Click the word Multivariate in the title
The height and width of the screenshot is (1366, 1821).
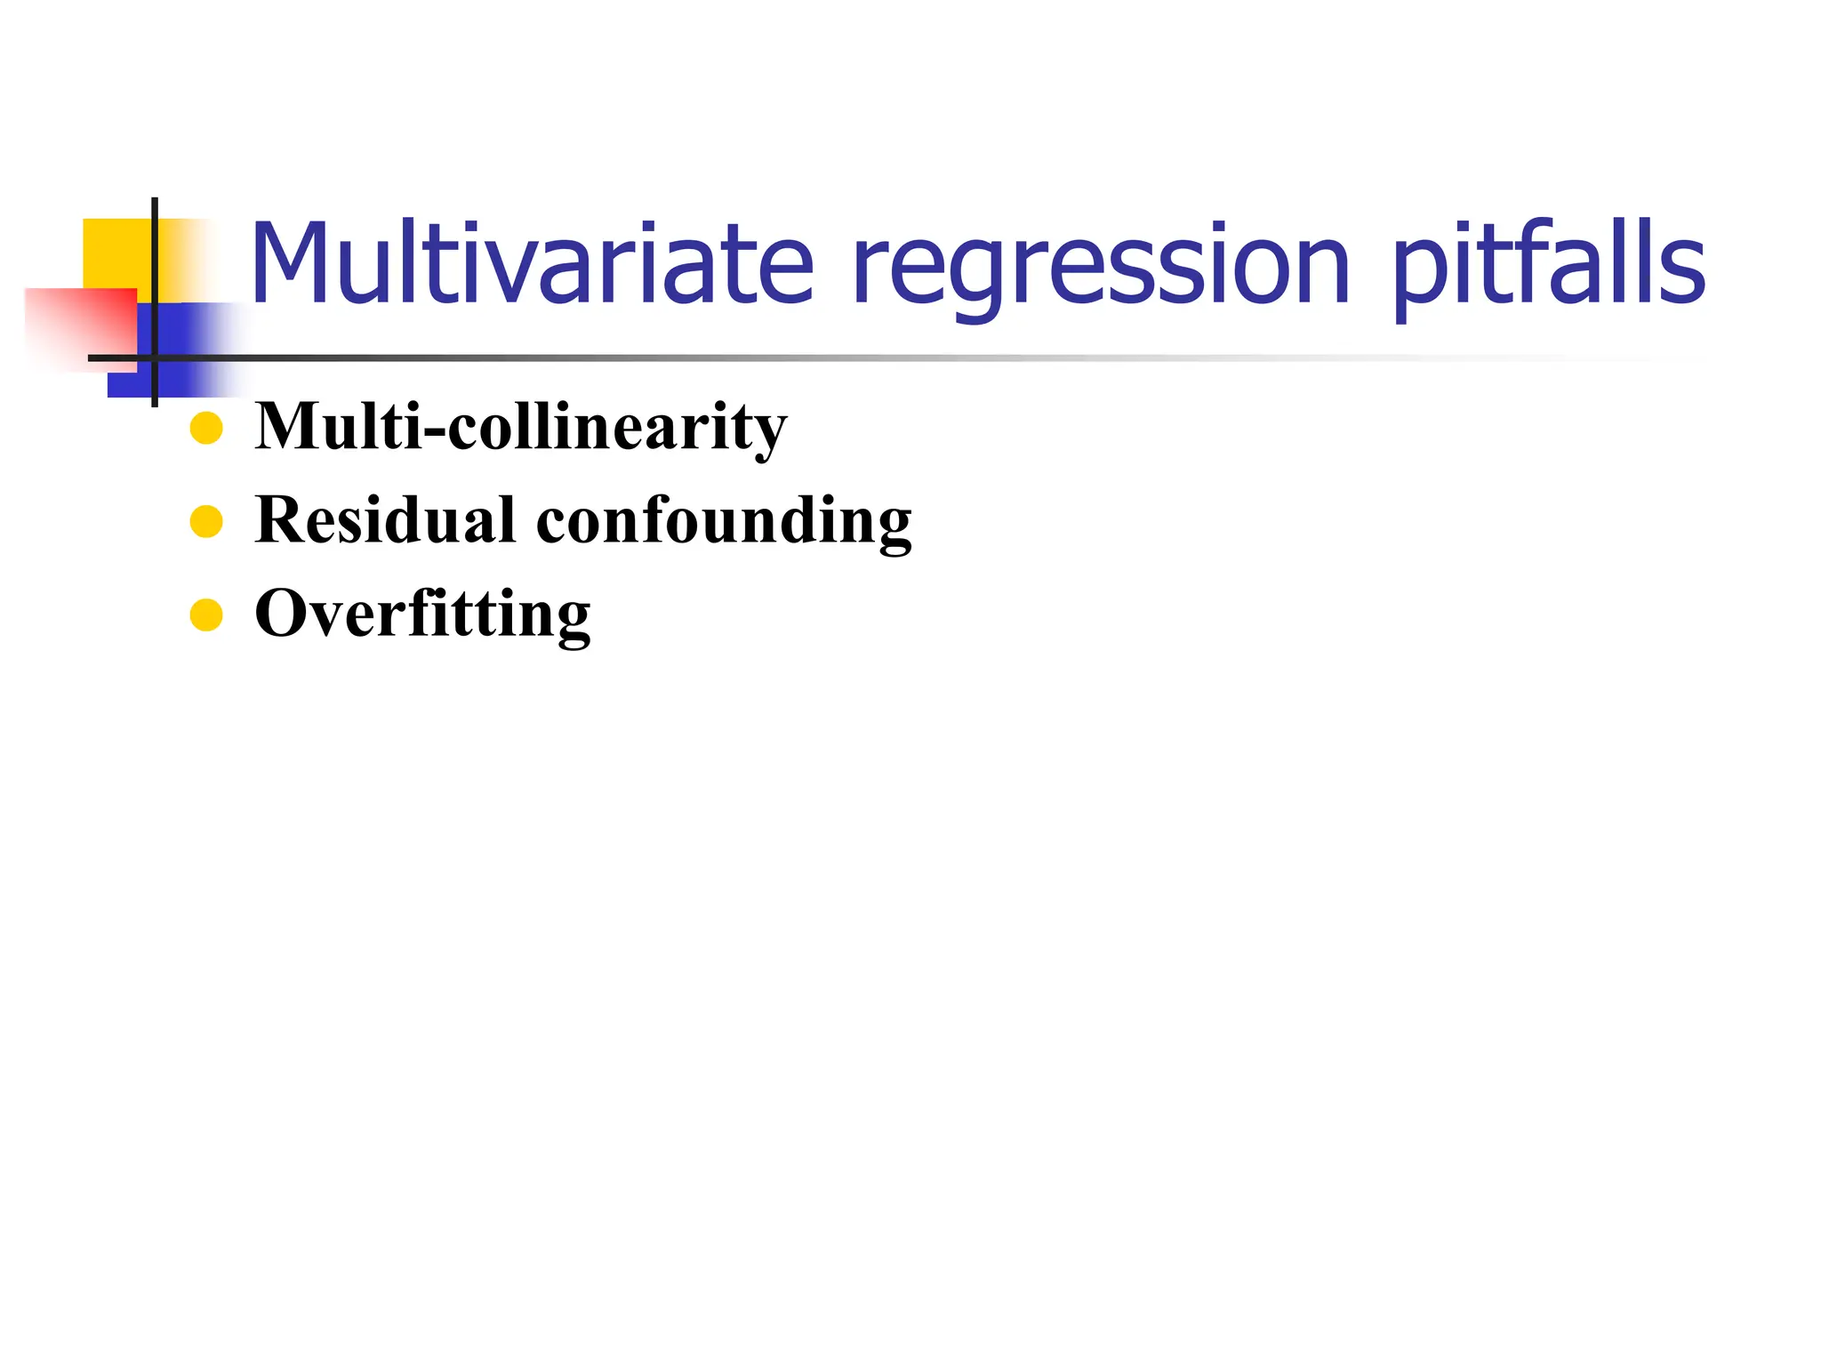532,263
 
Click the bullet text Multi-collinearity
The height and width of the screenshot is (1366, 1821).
520,427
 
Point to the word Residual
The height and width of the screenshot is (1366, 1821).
385,519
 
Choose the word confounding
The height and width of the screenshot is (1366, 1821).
724,521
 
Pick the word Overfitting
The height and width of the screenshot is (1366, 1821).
422,614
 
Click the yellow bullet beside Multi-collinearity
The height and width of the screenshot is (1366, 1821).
206,428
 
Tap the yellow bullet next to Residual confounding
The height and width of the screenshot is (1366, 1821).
206,521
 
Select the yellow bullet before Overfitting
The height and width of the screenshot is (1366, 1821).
206,615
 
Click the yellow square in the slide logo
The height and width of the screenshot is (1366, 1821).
116,253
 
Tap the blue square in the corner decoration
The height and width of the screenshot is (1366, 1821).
178,351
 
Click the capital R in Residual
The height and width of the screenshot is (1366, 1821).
282,519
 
